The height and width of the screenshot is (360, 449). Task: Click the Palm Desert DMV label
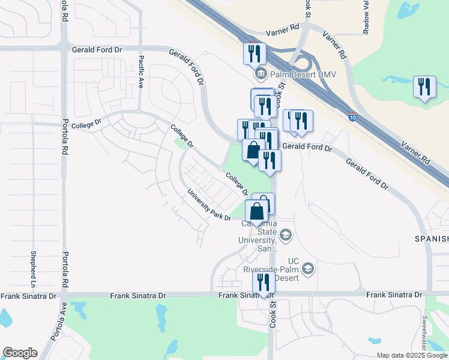[x=292, y=75]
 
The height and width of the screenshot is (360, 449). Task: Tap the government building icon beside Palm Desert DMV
[x=261, y=75]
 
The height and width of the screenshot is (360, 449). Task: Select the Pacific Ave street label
[x=140, y=72]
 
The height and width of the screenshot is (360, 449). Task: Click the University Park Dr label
[x=209, y=205]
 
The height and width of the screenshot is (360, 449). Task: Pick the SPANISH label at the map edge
[x=432, y=239]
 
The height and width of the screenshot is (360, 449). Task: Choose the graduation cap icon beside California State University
[x=286, y=235]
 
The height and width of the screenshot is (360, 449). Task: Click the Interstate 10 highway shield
[x=352, y=114]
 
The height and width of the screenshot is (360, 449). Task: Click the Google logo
[x=20, y=353]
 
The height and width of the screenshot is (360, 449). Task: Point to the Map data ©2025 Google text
[x=412, y=355]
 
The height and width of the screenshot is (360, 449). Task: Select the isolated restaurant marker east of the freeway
[x=424, y=86]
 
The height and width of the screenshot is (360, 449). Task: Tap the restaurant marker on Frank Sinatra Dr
[x=264, y=281]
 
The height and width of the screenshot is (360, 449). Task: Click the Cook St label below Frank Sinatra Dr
[x=273, y=314]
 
